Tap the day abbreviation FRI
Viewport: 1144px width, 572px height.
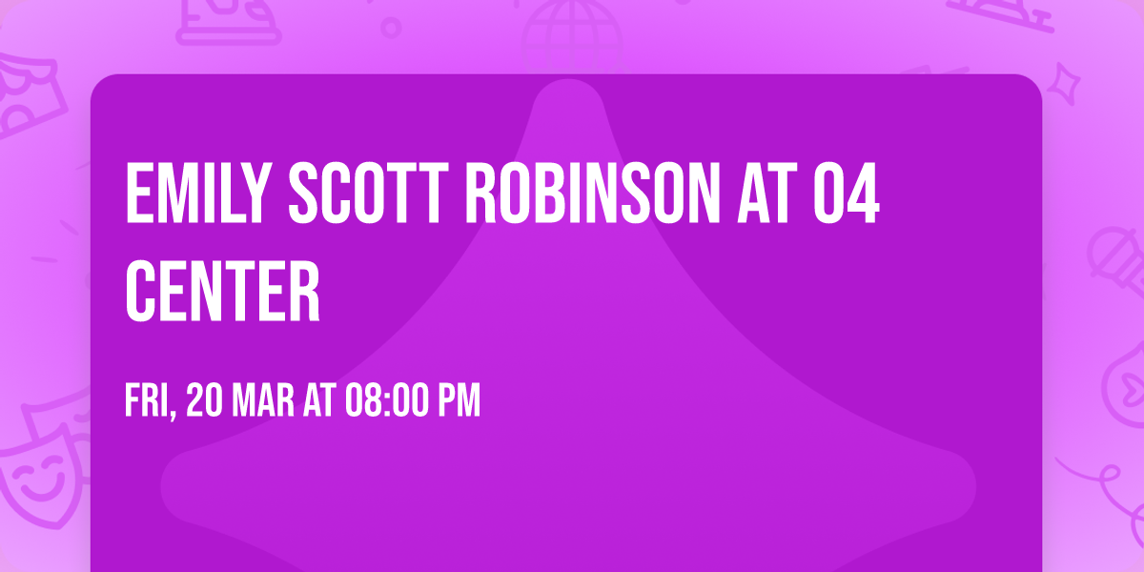(x=146, y=401)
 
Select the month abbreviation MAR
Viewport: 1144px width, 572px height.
(x=263, y=401)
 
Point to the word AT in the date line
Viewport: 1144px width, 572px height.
(x=318, y=401)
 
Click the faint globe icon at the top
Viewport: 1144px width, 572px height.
(x=570, y=29)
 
